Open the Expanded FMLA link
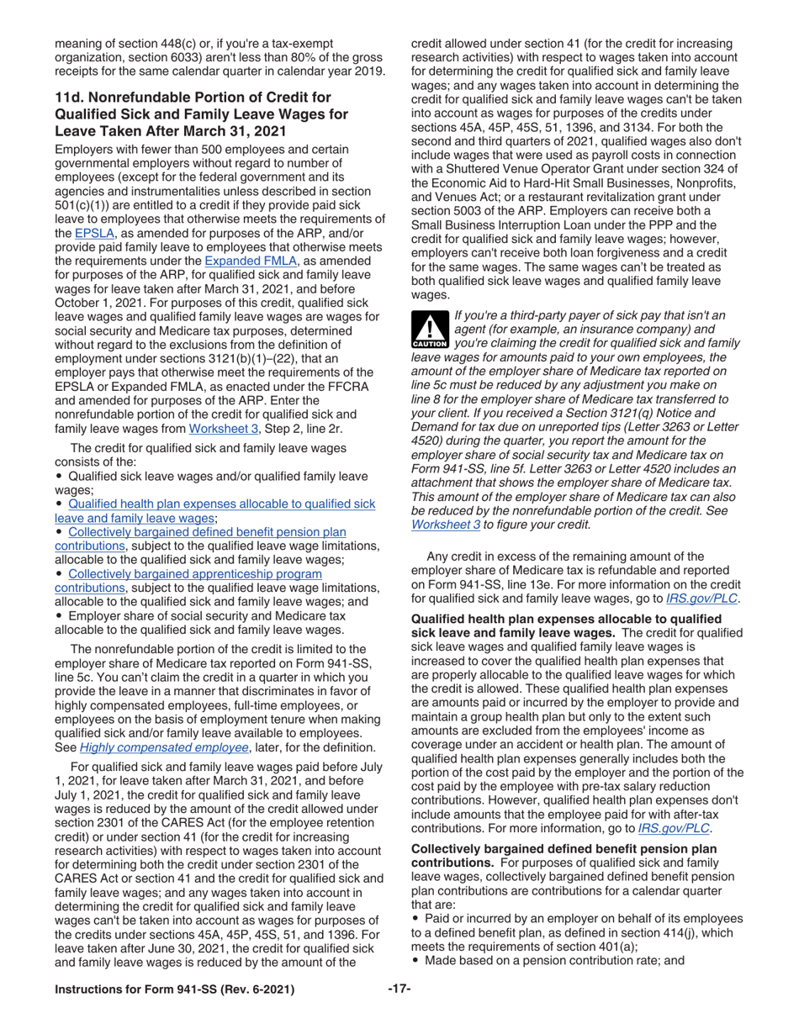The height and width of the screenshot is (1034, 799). pos(241,261)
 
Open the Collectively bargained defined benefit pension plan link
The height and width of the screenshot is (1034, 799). pos(207,532)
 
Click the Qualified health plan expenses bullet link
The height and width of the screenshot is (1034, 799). pos(221,504)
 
